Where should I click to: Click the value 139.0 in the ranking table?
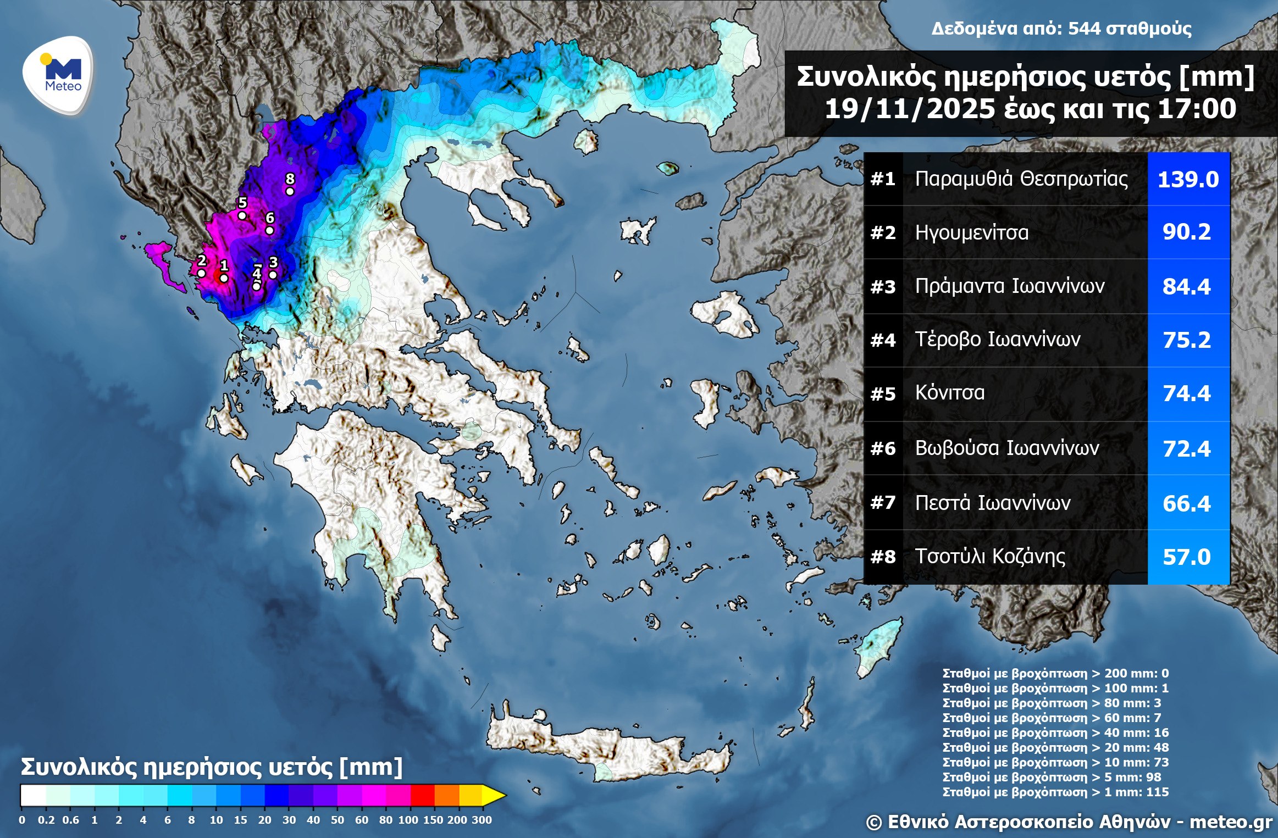[x=1188, y=180]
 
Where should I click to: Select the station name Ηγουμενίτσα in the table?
[x=971, y=232]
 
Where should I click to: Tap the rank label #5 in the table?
[x=883, y=394]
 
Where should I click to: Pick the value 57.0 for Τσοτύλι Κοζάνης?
[x=1186, y=557]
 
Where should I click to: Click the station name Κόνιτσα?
[x=949, y=393]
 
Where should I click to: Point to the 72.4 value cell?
[x=1186, y=449]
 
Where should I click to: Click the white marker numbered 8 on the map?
[x=290, y=191]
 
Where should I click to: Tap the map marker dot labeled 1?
[x=224, y=278]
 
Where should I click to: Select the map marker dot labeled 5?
[x=242, y=215]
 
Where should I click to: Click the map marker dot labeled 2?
[x=201, y=273]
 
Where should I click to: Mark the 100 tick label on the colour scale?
[x=408, y=820]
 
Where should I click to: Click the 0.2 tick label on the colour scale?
[x=46, y=820]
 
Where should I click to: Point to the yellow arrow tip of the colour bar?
[x=497, y=795]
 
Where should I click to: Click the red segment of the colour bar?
[x=422, y=795]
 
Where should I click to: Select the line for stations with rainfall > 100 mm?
[x=1055, y=688]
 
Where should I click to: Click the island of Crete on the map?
[x=605, y=747]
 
